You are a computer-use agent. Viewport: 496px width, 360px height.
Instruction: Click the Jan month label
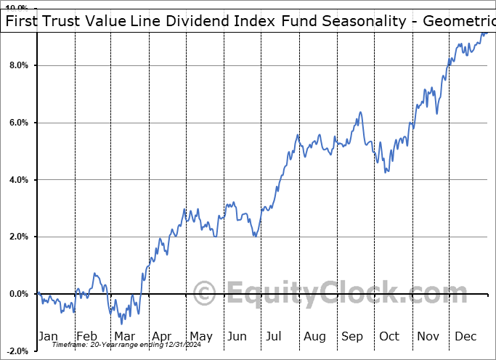click(48, 337)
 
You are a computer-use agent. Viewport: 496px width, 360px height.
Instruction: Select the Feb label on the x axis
click(86, 337)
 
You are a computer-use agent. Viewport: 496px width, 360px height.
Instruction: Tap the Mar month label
click(124, 337)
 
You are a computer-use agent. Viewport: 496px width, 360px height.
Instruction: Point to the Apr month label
click(161, 337)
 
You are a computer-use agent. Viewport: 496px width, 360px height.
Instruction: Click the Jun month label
click(237, 337)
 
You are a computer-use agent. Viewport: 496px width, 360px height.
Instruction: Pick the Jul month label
click(274, 337)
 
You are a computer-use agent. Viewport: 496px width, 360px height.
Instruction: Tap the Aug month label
click(314, 337)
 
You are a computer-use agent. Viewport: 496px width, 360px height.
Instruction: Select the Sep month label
click(351, 337)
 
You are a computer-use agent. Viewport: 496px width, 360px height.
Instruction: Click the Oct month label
click(389, 337)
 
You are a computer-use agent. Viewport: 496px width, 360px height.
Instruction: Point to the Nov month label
click(428, 337)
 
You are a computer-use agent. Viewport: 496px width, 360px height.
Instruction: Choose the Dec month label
click(465, 337)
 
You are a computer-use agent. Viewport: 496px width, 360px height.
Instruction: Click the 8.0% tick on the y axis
click(17, 66)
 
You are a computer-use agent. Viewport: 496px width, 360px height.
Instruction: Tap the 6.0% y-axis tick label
click(17, 123)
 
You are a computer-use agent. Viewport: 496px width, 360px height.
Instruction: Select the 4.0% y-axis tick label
click(17, 180)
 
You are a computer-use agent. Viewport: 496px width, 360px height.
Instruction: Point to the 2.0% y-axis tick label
click(17, 237)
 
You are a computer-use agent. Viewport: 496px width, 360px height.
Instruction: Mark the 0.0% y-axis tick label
click(17, 294)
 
